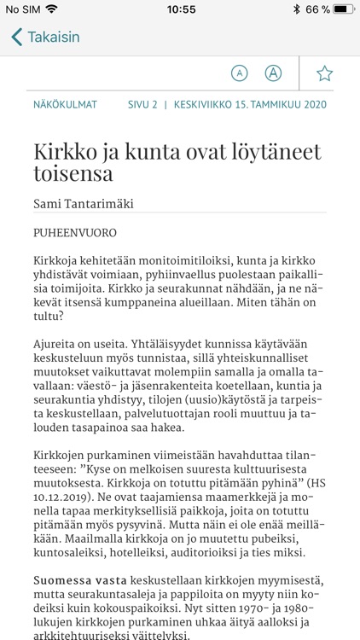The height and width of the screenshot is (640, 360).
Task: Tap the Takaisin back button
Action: [46, 38]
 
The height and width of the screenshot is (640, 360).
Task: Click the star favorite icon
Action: [324, 73]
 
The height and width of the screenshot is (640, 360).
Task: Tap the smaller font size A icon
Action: [240, 73]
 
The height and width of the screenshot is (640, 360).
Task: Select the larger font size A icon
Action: [273, 73]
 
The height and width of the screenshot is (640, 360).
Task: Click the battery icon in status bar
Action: [344, 9]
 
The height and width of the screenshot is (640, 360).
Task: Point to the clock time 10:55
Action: [181, 9]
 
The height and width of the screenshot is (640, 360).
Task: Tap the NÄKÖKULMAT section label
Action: [65, 105]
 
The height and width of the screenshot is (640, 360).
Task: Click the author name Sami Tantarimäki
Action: [84, 203]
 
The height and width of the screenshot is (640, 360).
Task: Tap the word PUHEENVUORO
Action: [75, 231]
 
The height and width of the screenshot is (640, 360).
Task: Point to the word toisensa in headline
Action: [73, 174]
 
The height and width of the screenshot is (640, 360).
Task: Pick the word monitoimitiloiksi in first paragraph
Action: [172, 259]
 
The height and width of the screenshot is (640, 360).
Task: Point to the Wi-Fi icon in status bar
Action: [52, 9]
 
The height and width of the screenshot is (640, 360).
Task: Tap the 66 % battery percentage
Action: [317, 9]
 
